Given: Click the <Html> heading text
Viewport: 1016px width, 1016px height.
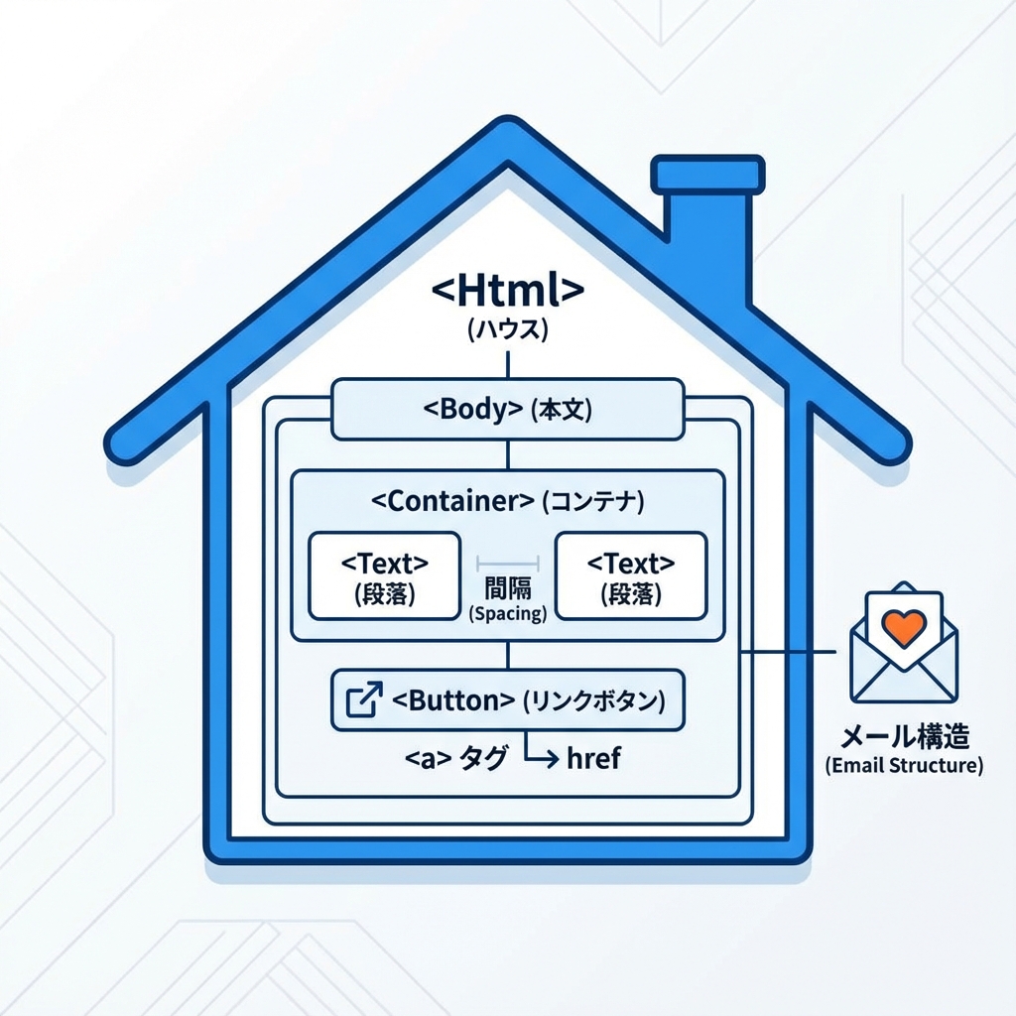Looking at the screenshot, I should point(508,291).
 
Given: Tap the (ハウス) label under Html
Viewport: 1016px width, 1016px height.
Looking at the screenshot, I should point(508,329).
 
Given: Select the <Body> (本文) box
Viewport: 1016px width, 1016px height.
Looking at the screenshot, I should point(508,409).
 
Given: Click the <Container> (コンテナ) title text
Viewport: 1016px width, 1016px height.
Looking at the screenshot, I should point(508,501).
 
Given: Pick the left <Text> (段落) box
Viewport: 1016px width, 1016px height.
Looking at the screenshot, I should point(385,576).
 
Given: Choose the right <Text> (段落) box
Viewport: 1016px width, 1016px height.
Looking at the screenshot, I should point(631,576).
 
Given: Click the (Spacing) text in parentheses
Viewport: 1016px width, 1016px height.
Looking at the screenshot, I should point(507,614).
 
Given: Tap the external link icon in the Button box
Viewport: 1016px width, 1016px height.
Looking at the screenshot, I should point(362,700).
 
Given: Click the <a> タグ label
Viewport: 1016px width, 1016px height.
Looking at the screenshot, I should point(456,760).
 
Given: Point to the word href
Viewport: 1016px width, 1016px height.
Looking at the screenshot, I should point(592,760).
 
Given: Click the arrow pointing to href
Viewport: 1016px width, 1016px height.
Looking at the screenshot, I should point(540,756).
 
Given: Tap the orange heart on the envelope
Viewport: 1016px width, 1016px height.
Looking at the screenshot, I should point(904,625).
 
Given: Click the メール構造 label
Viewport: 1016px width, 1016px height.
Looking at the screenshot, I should point(904,737).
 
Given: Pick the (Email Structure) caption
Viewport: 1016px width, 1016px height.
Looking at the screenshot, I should point(904,766).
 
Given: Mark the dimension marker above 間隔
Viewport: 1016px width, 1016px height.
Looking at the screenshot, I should point(507,561).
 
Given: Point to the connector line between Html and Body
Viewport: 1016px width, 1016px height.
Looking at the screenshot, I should point(508,362).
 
